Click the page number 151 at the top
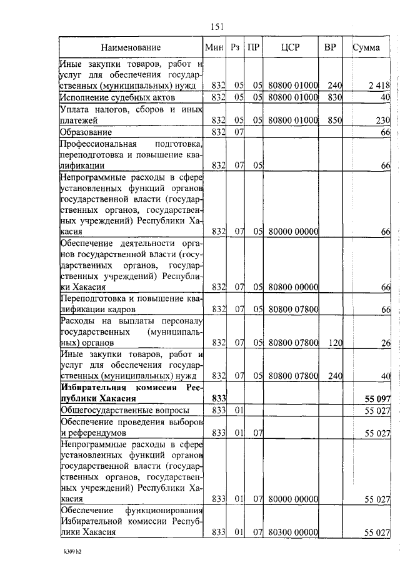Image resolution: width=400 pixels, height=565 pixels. [x=217, y=26]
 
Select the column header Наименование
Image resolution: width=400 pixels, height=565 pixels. [x=131, y=47]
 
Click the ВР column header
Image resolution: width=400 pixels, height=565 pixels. [x=330, y=47]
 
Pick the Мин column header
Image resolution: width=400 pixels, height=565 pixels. [x=214, y=47]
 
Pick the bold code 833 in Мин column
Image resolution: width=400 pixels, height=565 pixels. [x=217, y=398]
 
